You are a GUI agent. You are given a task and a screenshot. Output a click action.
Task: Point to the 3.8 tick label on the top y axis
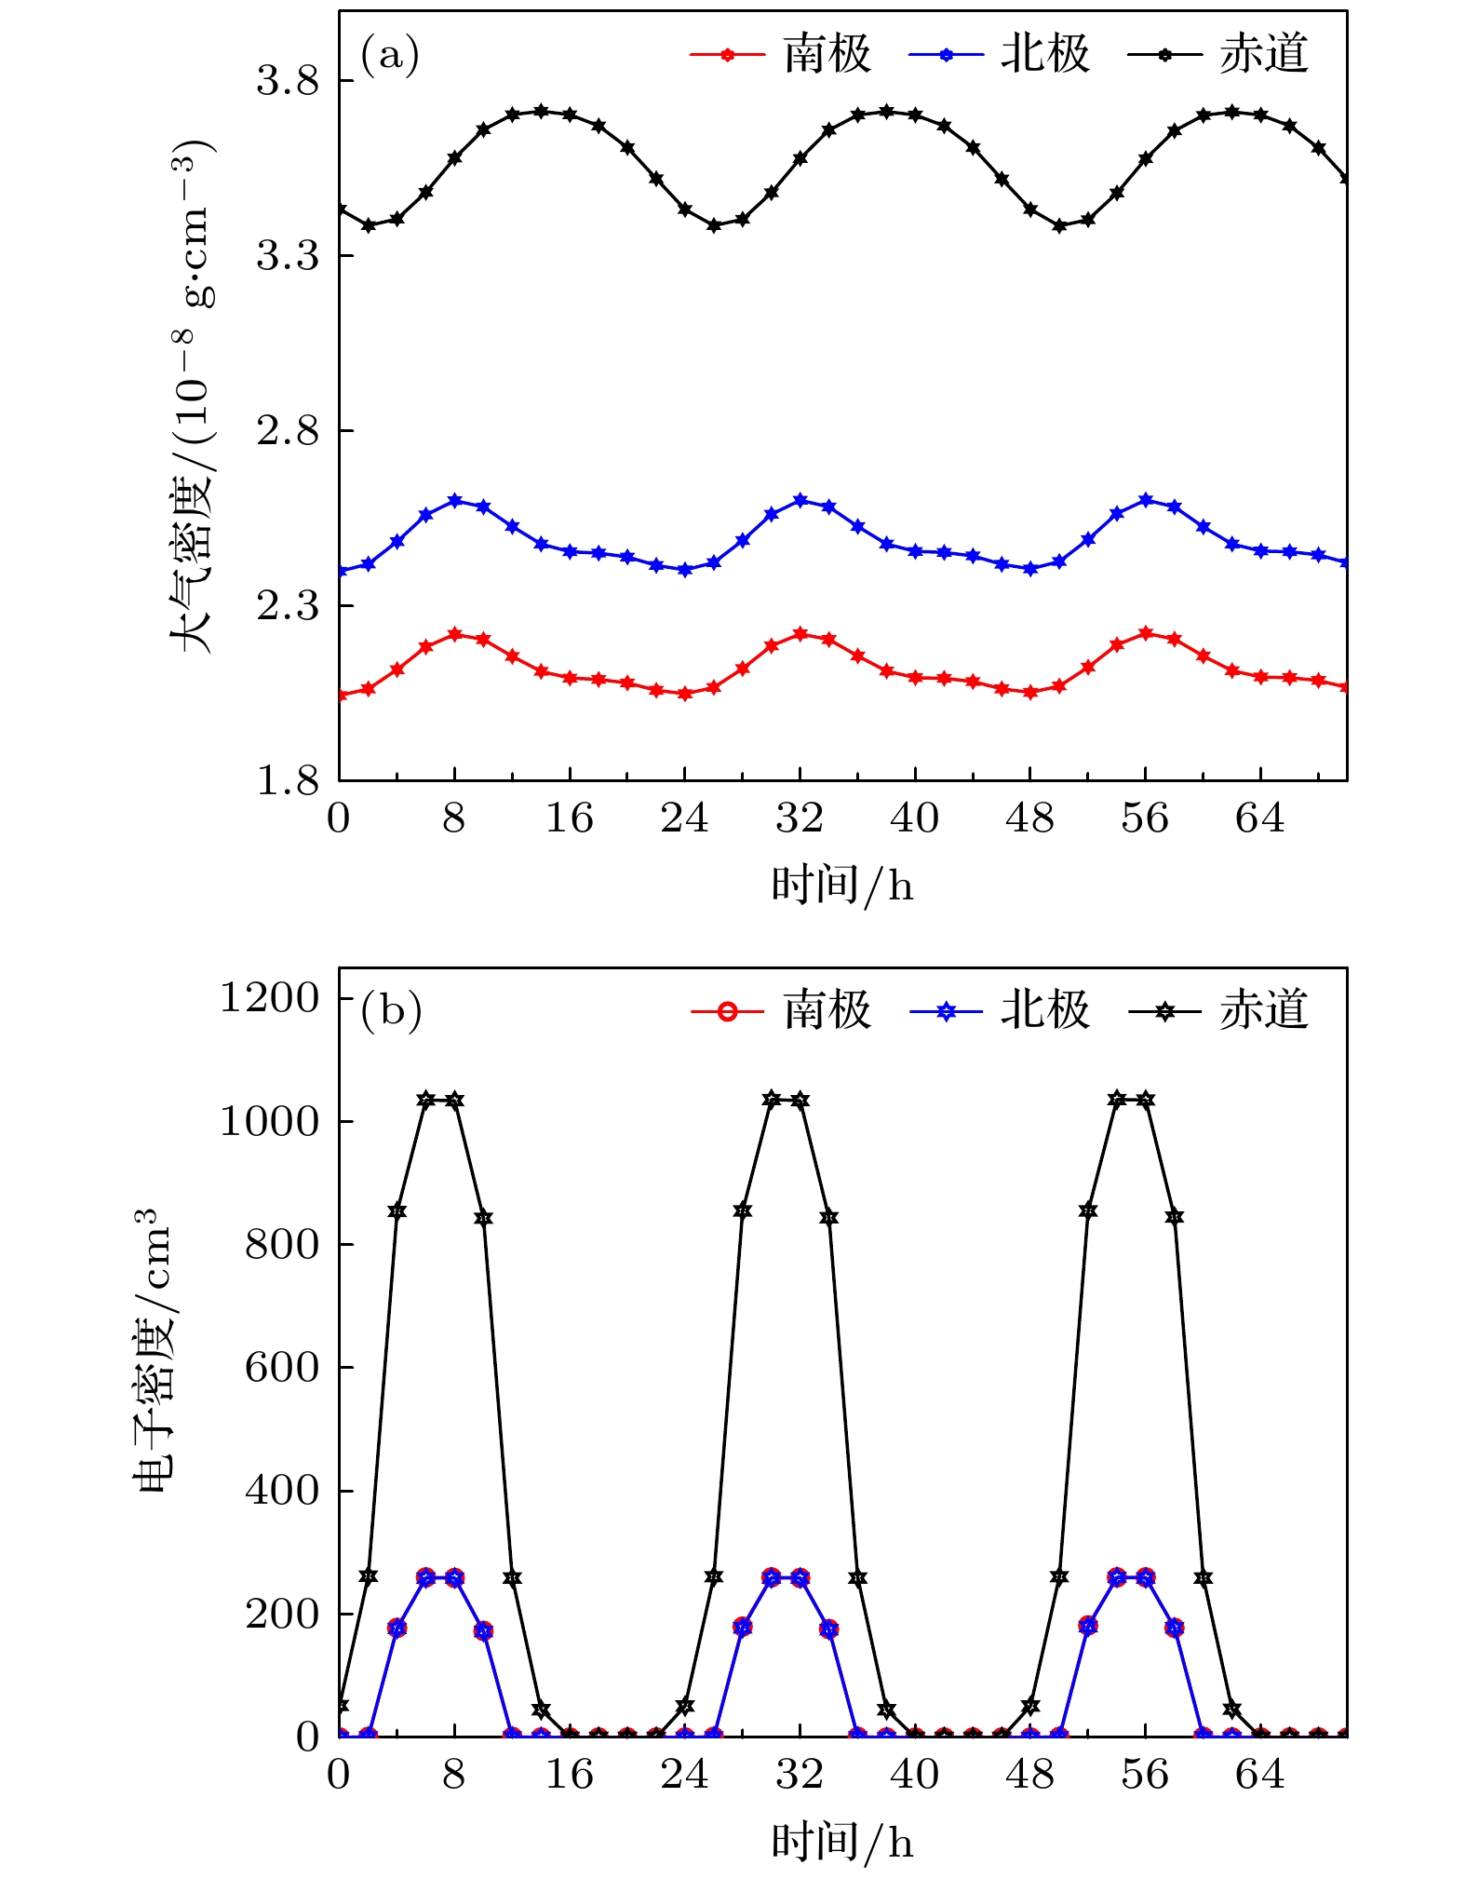pyautogui.click(x=287, y=81)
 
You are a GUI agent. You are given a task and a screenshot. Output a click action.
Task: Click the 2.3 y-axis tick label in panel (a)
pyautogui.click(x=287, y=606)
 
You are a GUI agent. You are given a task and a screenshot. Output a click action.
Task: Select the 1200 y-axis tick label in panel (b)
pyautogui.click(x=269, y=998)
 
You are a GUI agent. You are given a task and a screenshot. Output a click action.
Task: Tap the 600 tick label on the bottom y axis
pyautogui.click(x=281, y=1368)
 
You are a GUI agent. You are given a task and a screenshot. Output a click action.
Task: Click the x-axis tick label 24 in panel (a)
pyautogui.click(x=684, y=818)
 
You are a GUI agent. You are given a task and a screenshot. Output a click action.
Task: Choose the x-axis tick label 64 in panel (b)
pyautogui.click(x=1259, y=1775)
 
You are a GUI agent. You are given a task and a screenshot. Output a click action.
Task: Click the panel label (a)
pyautogui.click(x=390, y=56)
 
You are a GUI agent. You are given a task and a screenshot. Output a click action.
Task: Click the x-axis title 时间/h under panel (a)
pyautogui.click(x=841, y=885)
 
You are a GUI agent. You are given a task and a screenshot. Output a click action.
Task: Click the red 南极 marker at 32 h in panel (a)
pyautogui.click(x=800, y=634)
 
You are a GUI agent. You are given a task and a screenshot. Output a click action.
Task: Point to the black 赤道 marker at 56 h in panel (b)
pyautogui.click(x=1145, y=1100)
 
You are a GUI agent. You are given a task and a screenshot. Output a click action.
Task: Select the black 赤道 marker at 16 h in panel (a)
pyautogui.click(x=570, y=115)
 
